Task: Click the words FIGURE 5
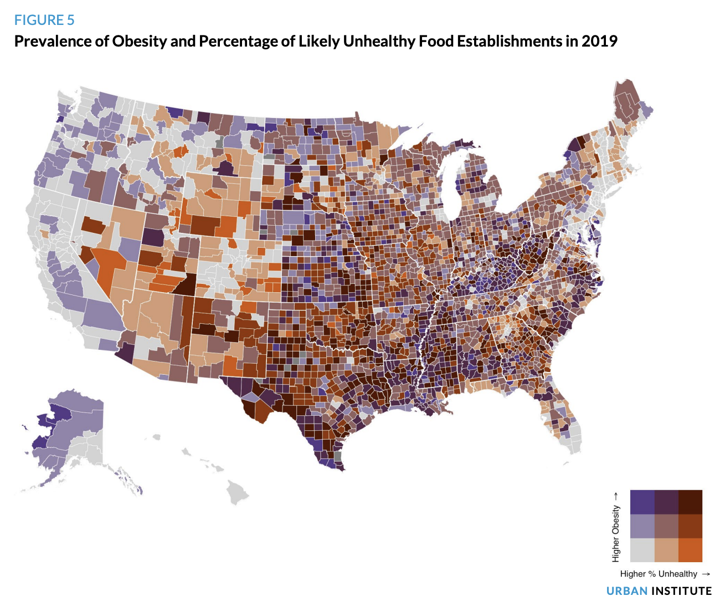(x=44, y=20)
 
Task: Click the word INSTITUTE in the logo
(x=681, y=591)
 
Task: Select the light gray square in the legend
(x=642, y=550)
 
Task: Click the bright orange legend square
(x=690, y=550)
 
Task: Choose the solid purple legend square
(x=642, y=502)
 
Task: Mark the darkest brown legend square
(x=690, y=502)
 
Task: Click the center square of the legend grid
(x=666, y=526)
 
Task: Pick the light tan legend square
(x=666, y=550)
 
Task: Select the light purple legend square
(x=642, y=526)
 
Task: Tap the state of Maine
(x=629, y=105)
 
